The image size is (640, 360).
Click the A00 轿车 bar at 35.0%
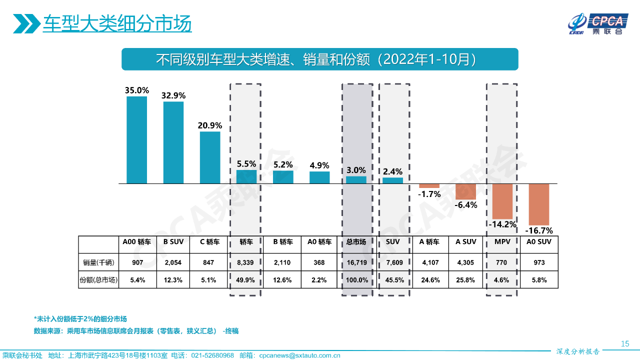[x=136, y=140]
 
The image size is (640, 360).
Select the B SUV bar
[x=173, y=142]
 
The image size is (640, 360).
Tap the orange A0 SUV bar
[x=539, y=204]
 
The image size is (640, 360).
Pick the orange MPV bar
[x=502, y=201]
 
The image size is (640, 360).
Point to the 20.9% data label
[x=210, y=125]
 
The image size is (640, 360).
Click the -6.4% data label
[x=465, y=204]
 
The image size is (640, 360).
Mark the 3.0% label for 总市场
[x=356, y=170]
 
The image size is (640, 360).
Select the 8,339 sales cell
[x=246, y=262]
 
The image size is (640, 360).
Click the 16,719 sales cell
[x=356, y=262]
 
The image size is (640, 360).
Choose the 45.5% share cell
[x=392, y=280]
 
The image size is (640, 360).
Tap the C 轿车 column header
[x=209, y=242]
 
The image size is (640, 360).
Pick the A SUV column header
[x=465, y=242]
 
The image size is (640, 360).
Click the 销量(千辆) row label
[x=98, y=262]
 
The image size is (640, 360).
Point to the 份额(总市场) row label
[x=98, y=280]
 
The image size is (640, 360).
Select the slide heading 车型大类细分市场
[x=117, y=24]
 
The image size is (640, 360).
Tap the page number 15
[x=624, y=343]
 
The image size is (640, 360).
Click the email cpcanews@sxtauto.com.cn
[x=299, y=355]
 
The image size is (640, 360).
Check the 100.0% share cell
[x=356, y=280]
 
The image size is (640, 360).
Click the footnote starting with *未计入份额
[x=80, y=319]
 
